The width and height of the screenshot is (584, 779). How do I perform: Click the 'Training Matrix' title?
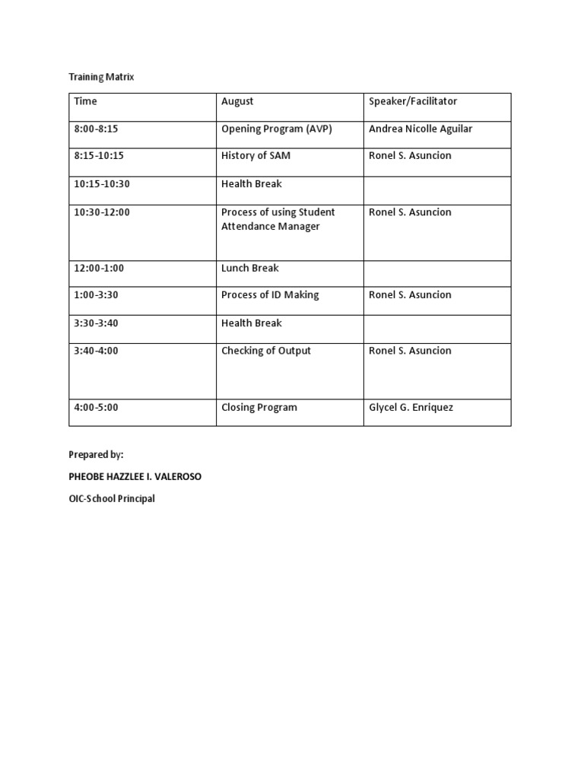pos(101,78)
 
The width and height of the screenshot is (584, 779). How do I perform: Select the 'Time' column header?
pos(86,101)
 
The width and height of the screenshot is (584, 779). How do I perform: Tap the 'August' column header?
pos(237,101)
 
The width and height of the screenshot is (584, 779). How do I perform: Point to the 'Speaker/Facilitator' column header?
pos(413,101)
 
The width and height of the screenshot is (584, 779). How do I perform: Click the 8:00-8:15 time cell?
pos(97,129)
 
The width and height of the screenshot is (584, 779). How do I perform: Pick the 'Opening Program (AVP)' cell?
pos(277,129)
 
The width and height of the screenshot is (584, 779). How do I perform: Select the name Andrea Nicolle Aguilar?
pos(421,129)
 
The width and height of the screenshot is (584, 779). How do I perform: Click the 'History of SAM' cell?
pos(255,156)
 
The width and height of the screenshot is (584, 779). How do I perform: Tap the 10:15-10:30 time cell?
pos(101,184)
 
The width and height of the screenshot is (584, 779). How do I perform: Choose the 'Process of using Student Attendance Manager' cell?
pos(278,219)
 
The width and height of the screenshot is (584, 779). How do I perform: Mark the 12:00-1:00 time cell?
pos(99,268)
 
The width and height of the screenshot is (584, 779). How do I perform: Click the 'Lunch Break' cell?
pos(250,268)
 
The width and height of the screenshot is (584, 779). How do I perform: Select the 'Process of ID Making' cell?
pos(270,295)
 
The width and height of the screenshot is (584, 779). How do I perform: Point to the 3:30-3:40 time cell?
pos(97,323)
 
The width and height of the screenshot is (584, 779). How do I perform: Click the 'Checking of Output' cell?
pos(266,351)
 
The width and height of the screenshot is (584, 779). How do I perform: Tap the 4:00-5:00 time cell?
pos(97,408)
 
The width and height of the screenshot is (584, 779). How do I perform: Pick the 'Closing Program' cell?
pos(259,408)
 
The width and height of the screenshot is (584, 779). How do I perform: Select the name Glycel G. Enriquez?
pos(411,408)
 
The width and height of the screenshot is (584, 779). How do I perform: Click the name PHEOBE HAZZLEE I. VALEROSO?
pos(135,477)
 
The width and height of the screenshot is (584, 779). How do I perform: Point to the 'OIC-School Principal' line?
pos(112,500)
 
